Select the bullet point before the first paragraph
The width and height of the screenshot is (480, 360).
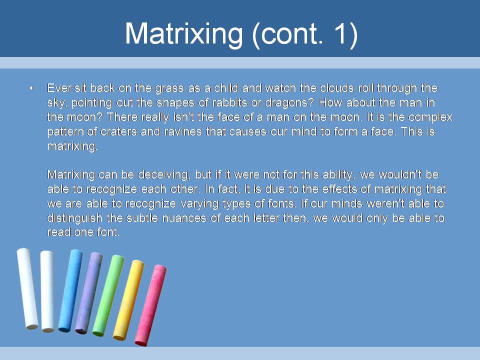(31, 88)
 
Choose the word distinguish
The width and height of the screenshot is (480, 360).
(74, 218)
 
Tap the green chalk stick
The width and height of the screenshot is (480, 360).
(108, 295)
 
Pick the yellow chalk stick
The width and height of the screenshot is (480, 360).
(128, 300)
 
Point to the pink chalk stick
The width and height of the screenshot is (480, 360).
(150, 305)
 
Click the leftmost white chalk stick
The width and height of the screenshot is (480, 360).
(27, 288)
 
